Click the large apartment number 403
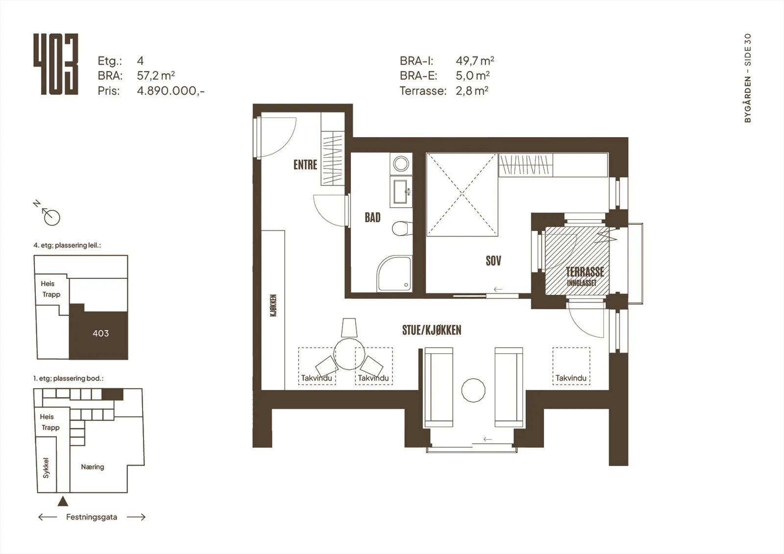(x=56, y=64)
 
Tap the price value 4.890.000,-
(x=171, y=91)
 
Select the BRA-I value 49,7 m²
(x=475, y=61)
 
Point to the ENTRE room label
(x=305, y=165)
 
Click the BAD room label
(x=372, y=217)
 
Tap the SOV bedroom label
(x=493, y=261)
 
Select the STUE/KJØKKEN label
(x=432, y=330)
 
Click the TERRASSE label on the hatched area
(x=585, y=272)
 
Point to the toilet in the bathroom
(x=402, y=229)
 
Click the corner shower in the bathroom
(x=394, y=274)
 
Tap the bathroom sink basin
(x=400, y=192)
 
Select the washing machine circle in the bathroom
(x=401, y=164)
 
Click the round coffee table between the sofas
(x=473, y=390)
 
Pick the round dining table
(x=349, y=354)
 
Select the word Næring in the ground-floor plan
(x=93, y=467)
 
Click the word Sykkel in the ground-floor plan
(x=46, y=468)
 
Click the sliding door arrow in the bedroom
(x=498, y=289)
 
